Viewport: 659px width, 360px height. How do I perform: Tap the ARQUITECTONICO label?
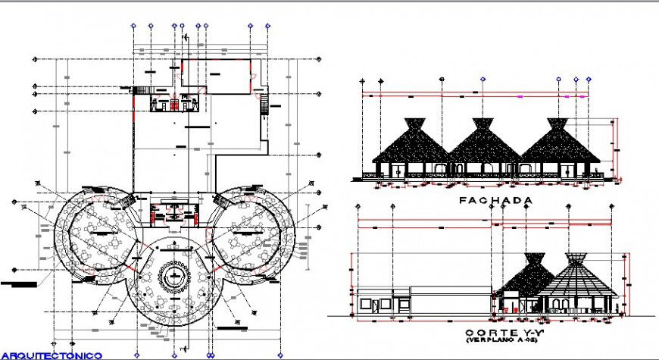52,355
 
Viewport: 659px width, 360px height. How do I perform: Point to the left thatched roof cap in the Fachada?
414,124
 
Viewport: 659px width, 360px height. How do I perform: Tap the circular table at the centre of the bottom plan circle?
177,275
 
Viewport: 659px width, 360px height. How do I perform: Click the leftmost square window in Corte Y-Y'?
367,304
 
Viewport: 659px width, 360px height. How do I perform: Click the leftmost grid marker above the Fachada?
363,80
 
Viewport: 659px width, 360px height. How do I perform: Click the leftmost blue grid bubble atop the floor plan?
134,26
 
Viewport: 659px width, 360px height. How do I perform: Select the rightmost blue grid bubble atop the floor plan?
268,26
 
